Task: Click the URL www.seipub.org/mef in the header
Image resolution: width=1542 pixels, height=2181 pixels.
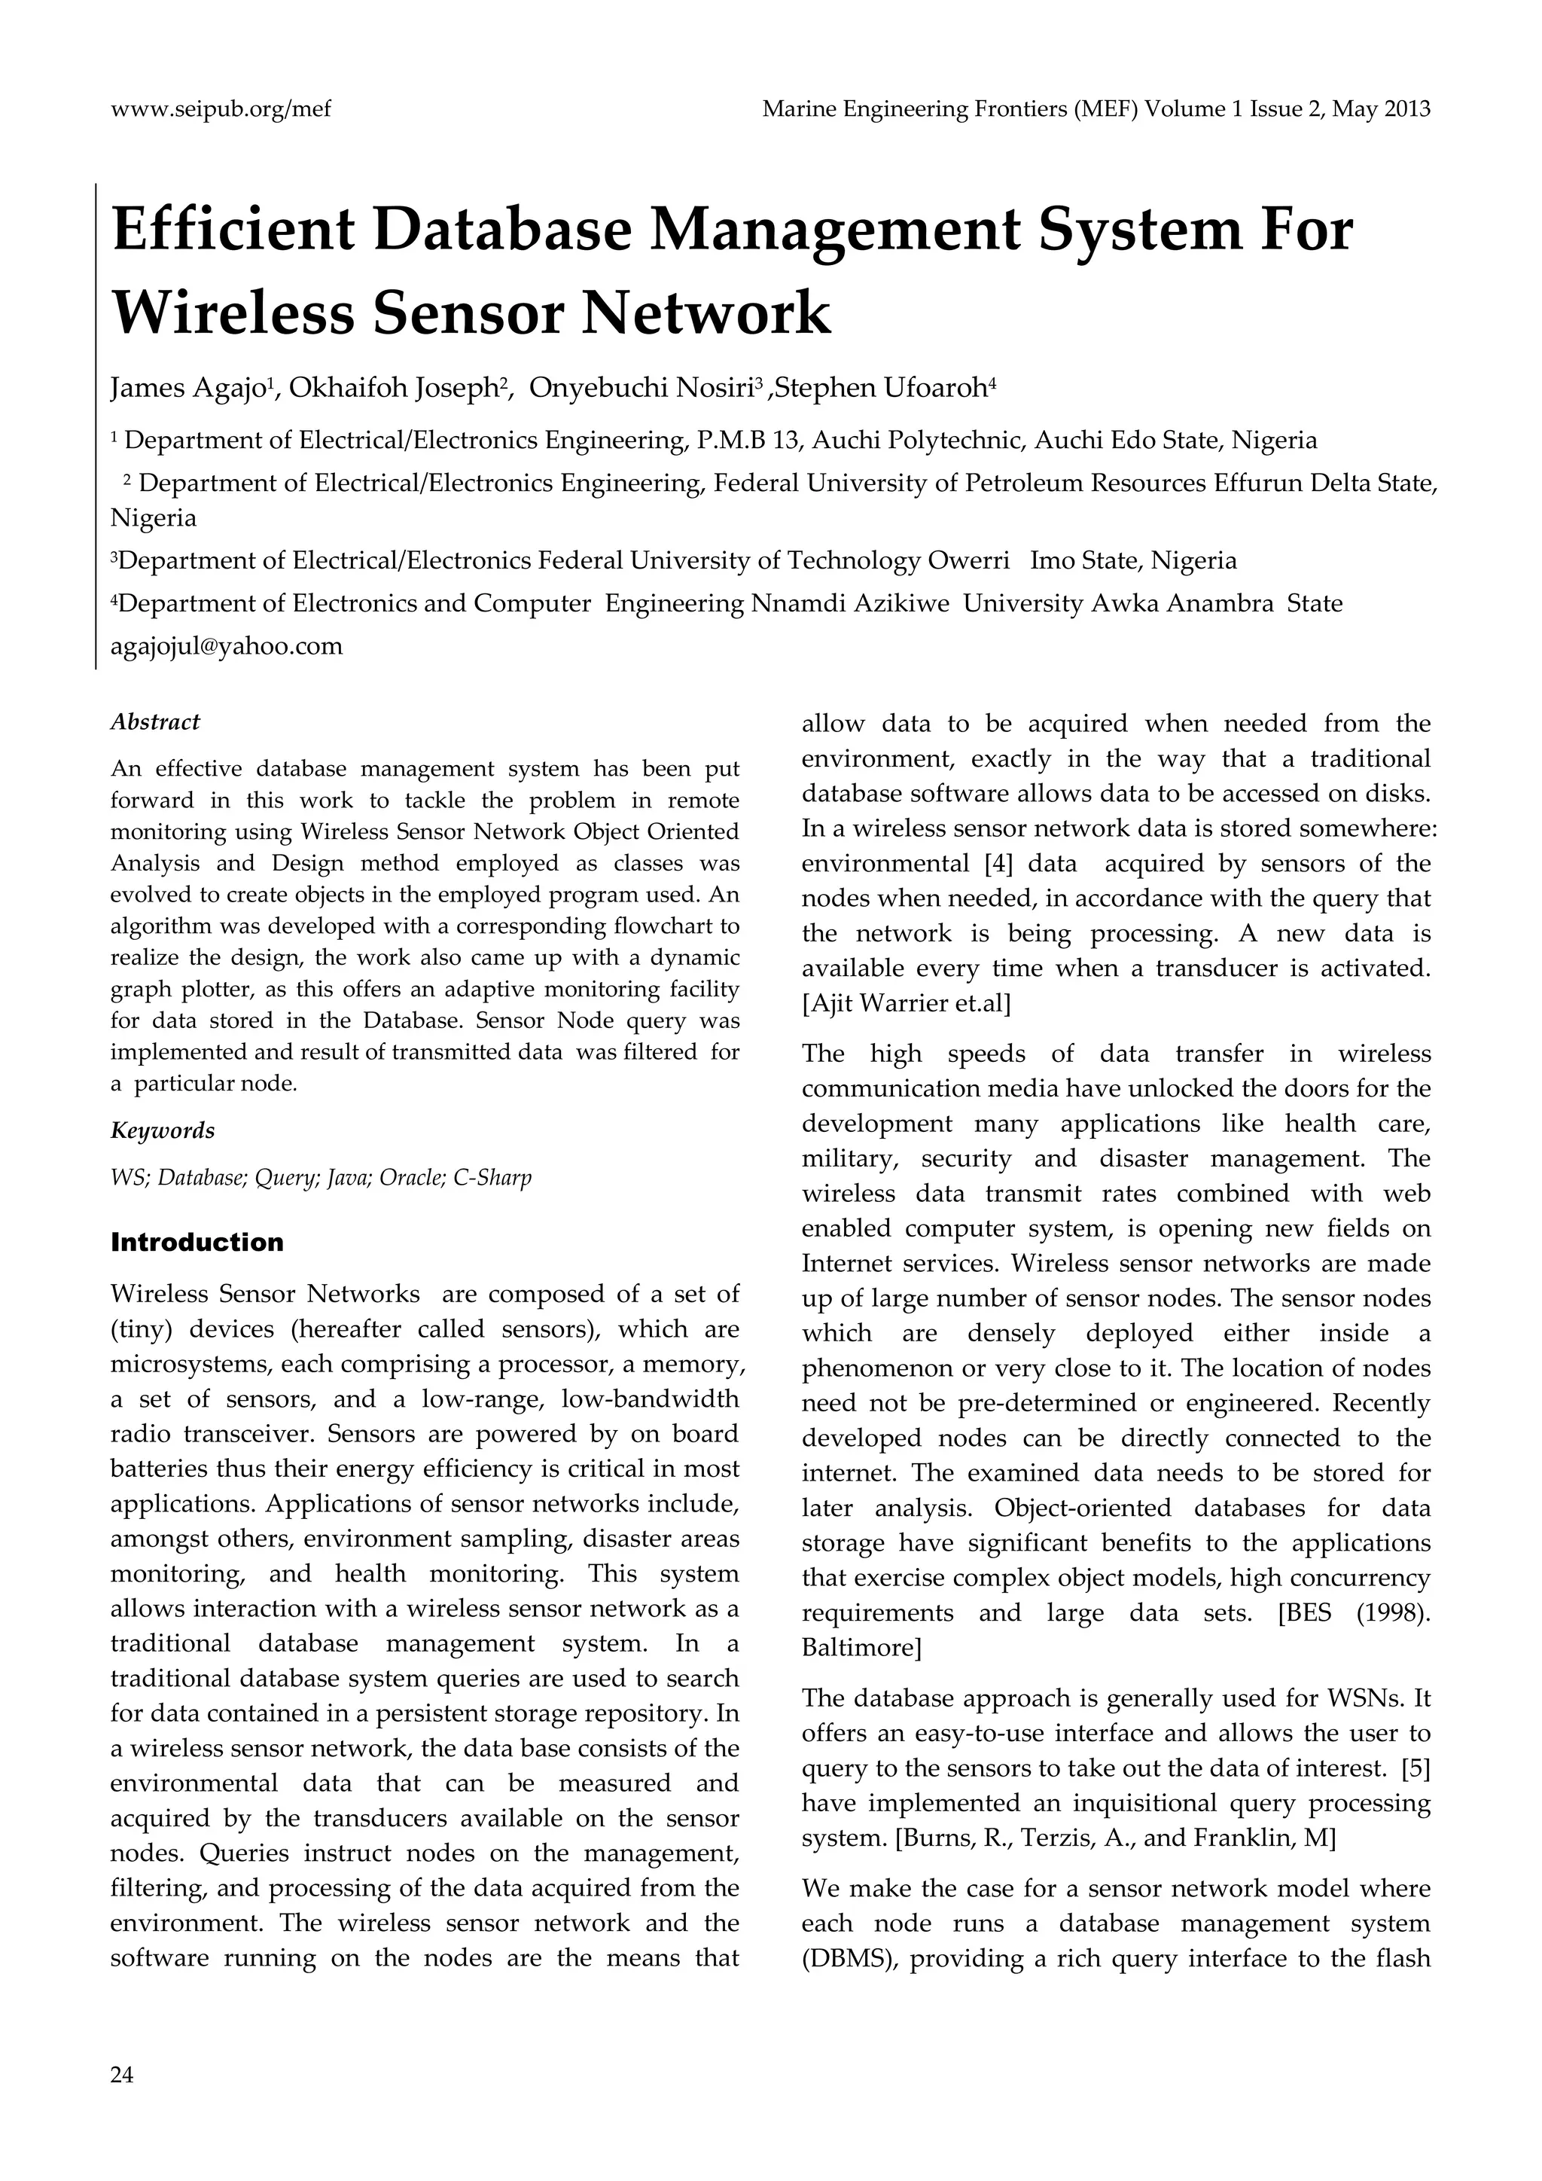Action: (221, 109)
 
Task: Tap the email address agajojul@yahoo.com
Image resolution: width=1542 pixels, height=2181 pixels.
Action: (226, 647)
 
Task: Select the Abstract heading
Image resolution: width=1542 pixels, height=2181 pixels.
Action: (155, 722)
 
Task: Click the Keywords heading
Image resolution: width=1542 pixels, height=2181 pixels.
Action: (163, 1130)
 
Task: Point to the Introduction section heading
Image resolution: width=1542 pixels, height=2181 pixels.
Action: (197, 1243)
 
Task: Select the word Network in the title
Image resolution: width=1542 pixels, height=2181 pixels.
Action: (705, 313)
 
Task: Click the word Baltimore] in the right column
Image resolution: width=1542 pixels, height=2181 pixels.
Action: (861, 1648)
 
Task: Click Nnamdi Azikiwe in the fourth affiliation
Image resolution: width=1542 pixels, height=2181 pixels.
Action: (850, 604)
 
